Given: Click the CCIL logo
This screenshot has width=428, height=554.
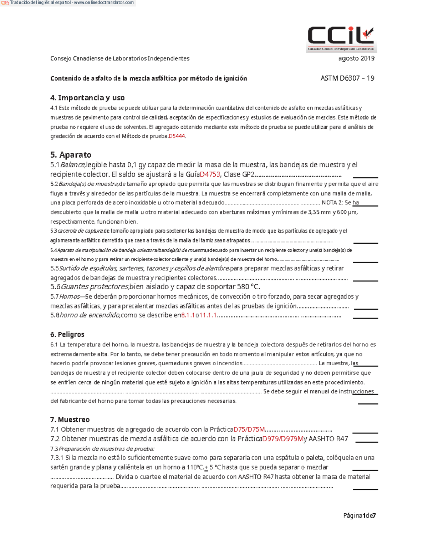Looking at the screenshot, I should click(341, 39).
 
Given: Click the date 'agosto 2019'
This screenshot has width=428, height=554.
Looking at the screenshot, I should click(356, 58).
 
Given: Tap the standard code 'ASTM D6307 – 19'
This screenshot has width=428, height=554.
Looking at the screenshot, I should click(347, 78).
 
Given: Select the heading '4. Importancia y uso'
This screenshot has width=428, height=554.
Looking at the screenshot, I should click(87, 98).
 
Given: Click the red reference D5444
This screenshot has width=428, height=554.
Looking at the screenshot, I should click(177, 136).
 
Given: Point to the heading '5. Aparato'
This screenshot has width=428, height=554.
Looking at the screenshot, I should click(71, 154).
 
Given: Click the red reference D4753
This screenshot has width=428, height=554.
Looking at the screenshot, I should click(210, 174).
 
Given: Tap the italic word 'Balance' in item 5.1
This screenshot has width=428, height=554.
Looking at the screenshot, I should click(73, 165).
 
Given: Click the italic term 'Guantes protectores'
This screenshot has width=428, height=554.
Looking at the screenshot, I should click(95, 287).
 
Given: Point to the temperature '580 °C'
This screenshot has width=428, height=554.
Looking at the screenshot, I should click(248, 287).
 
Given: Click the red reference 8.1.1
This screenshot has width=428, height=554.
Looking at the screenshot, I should click(188, 315).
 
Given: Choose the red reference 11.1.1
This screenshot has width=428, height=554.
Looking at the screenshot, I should click(208, 315).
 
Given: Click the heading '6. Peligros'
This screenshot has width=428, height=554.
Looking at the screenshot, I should click(67, 334).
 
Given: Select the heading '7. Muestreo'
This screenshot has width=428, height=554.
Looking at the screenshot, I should click(70, 420).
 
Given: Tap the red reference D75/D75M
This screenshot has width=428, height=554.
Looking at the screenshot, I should click(249, 430).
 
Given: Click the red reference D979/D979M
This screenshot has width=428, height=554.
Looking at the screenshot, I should click(282, 439).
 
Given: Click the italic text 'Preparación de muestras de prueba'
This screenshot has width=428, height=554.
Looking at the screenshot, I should click(106, 449).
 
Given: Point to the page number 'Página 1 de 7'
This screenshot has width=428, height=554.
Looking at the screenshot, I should click(359, 515).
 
